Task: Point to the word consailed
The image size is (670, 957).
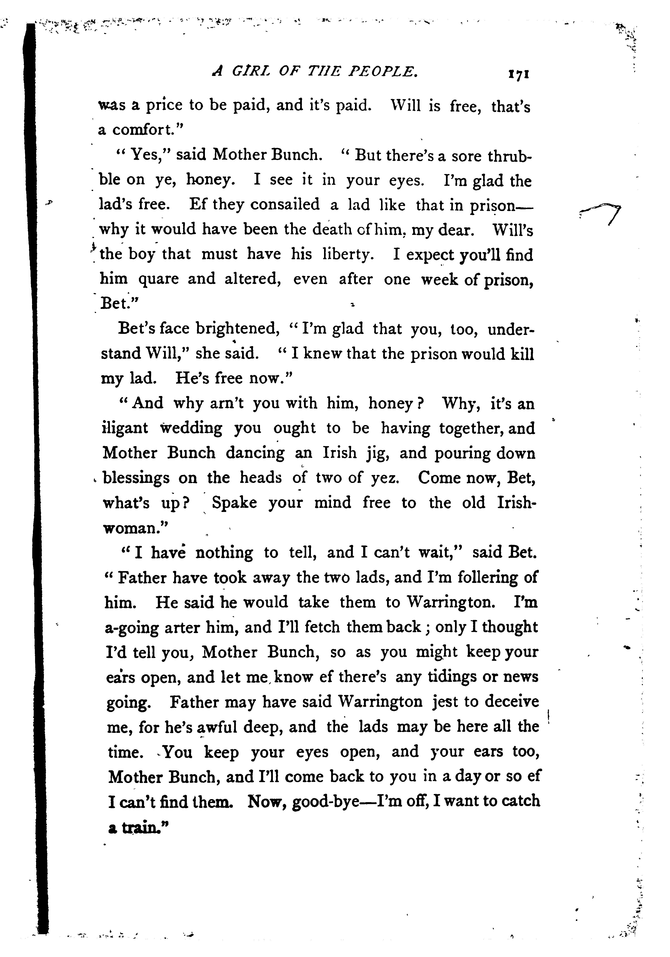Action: (285, 204)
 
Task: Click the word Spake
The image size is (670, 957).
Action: (235, 503)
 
